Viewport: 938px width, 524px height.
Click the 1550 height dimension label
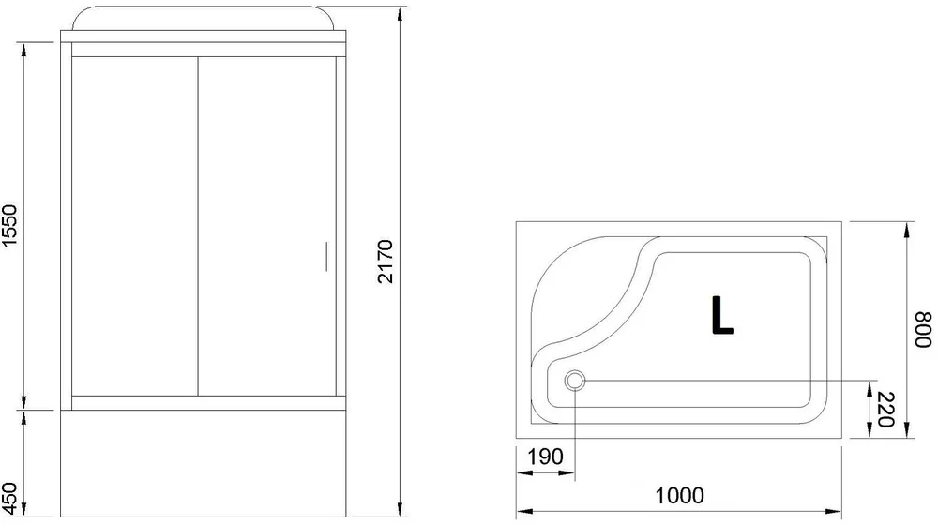click(11, 228)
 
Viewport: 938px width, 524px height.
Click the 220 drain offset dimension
click(882, 410)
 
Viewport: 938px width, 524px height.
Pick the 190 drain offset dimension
click(545, 457)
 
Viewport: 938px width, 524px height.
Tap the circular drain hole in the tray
click(575, 381)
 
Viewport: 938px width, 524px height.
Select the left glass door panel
click(133, 225)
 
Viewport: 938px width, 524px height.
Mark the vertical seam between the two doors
click(197, 225)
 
